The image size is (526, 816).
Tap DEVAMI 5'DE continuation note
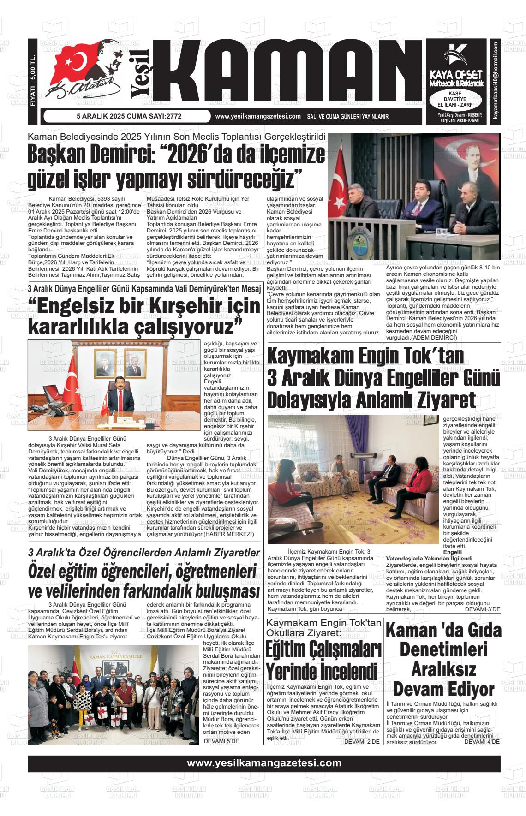pos(221,741)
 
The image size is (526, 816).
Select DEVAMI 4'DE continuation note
pos(482,741)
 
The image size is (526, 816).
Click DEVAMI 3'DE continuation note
pos(482,609)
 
